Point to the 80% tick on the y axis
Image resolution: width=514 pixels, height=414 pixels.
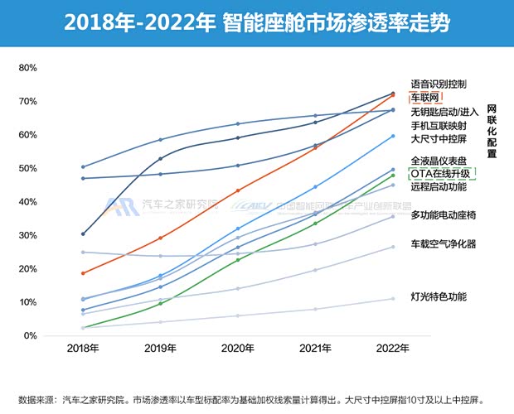point(25,67)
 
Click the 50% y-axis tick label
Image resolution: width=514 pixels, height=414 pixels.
point(25,168)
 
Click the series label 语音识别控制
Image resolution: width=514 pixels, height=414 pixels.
point(439,84)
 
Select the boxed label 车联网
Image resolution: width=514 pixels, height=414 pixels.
point(428,99)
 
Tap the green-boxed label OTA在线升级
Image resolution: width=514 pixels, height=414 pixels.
point(440,174)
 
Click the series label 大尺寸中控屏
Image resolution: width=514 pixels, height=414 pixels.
point(439,138)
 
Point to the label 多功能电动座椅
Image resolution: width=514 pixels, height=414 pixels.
point(444,215)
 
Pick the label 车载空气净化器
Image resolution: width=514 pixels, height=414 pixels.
point(444,243)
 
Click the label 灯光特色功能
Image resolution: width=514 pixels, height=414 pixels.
point(439,296)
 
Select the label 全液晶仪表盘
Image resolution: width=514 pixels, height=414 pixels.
point(439,161)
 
